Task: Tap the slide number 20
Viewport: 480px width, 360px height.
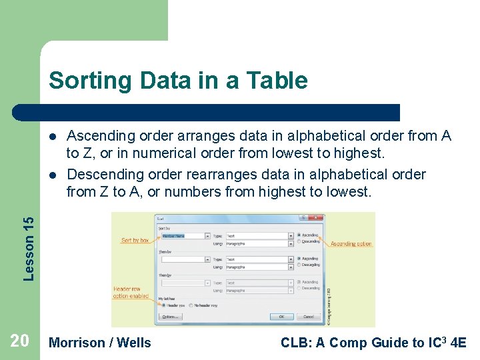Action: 19,341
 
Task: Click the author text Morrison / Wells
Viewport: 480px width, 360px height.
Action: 100,343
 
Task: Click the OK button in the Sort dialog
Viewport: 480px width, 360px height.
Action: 281,317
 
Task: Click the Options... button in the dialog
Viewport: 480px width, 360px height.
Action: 170,317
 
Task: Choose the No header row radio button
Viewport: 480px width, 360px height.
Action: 192,306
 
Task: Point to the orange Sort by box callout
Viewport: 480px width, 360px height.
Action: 135,240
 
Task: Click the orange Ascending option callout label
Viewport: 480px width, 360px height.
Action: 351,244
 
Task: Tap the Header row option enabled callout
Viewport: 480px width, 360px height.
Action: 131,292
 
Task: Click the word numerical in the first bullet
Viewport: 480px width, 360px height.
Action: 167,153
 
